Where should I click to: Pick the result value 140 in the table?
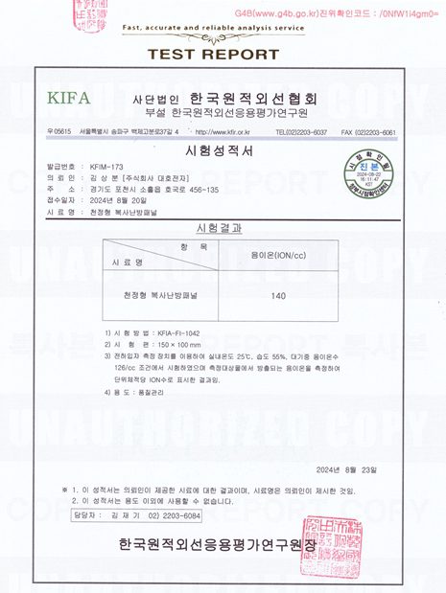(279, 296)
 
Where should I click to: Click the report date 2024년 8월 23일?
(351, 468)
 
